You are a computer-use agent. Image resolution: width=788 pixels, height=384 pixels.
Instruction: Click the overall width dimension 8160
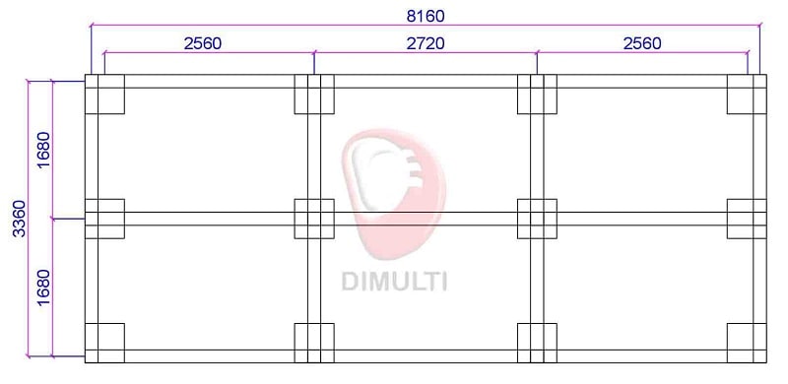(x=426, y=16)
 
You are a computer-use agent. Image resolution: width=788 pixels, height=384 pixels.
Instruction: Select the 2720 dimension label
(x=426, y=43)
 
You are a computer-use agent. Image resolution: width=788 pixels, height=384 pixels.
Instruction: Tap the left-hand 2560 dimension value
(x=203, y=43)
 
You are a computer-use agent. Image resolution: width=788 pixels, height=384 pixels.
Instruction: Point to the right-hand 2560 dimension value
(x=642, y=43)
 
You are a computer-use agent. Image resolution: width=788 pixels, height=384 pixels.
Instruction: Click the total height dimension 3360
(x=19, y=219)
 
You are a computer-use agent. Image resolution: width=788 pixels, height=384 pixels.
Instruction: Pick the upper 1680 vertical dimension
(x=44, y=150)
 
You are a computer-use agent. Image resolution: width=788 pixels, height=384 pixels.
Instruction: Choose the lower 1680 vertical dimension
(x=44, y=287)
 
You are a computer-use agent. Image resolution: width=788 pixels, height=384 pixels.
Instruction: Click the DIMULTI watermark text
(x=394, y=281)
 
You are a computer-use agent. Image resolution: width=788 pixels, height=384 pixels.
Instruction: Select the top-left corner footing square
(x=104, y=94)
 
